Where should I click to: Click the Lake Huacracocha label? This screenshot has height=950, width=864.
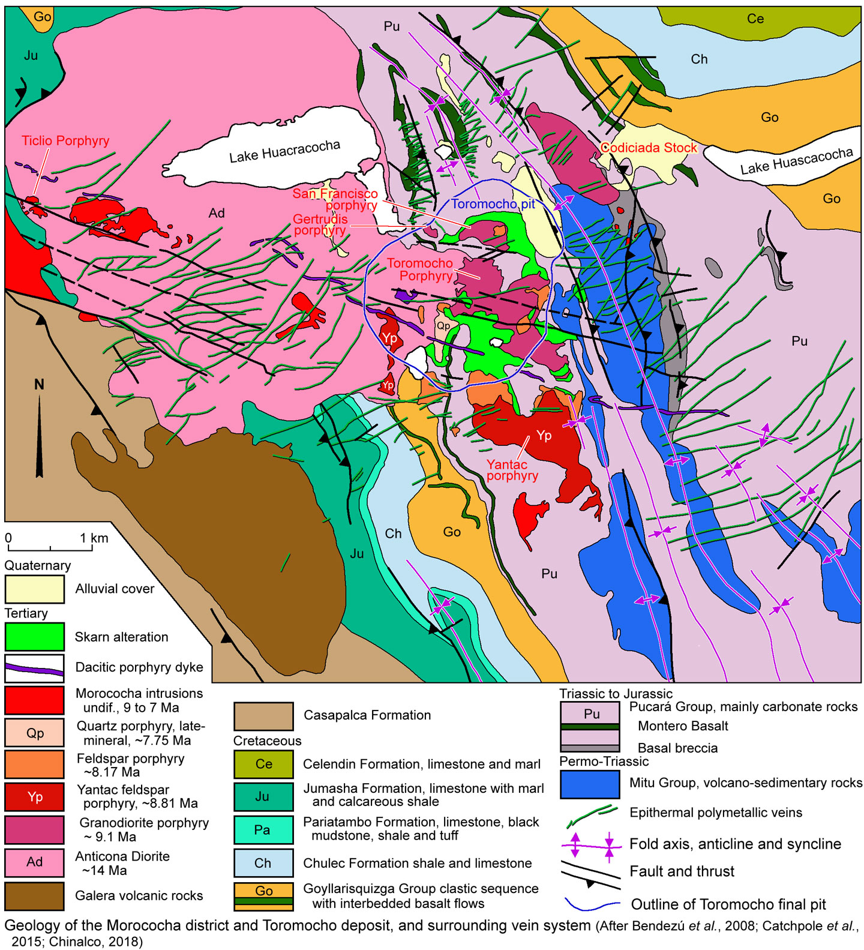[284, 151]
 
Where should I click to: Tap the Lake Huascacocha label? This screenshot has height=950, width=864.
[796, 161]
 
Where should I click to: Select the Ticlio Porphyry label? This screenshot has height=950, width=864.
[65, 141]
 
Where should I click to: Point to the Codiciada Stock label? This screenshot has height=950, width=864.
[649, 148]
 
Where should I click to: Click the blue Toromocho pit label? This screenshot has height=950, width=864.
[493, 204]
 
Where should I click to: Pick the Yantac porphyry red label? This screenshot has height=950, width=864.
[511, 470]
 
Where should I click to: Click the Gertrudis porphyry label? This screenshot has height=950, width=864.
[320, 224]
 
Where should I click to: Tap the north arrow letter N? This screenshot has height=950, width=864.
[39, 385]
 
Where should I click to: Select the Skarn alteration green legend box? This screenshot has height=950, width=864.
[34, 637]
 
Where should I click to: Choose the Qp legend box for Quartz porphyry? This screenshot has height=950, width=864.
[34, 733]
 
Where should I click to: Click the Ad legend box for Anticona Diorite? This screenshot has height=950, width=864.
[34, 862]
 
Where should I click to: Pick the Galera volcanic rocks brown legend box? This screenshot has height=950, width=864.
[34, 895]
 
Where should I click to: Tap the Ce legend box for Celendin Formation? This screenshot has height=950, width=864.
[263, 764]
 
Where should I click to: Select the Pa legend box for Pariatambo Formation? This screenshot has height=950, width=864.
[263, 829]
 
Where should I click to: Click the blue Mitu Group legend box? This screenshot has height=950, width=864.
[589, 784]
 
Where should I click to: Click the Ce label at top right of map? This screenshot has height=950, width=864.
[755, 19]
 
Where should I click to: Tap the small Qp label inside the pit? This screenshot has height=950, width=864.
[443, 326]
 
